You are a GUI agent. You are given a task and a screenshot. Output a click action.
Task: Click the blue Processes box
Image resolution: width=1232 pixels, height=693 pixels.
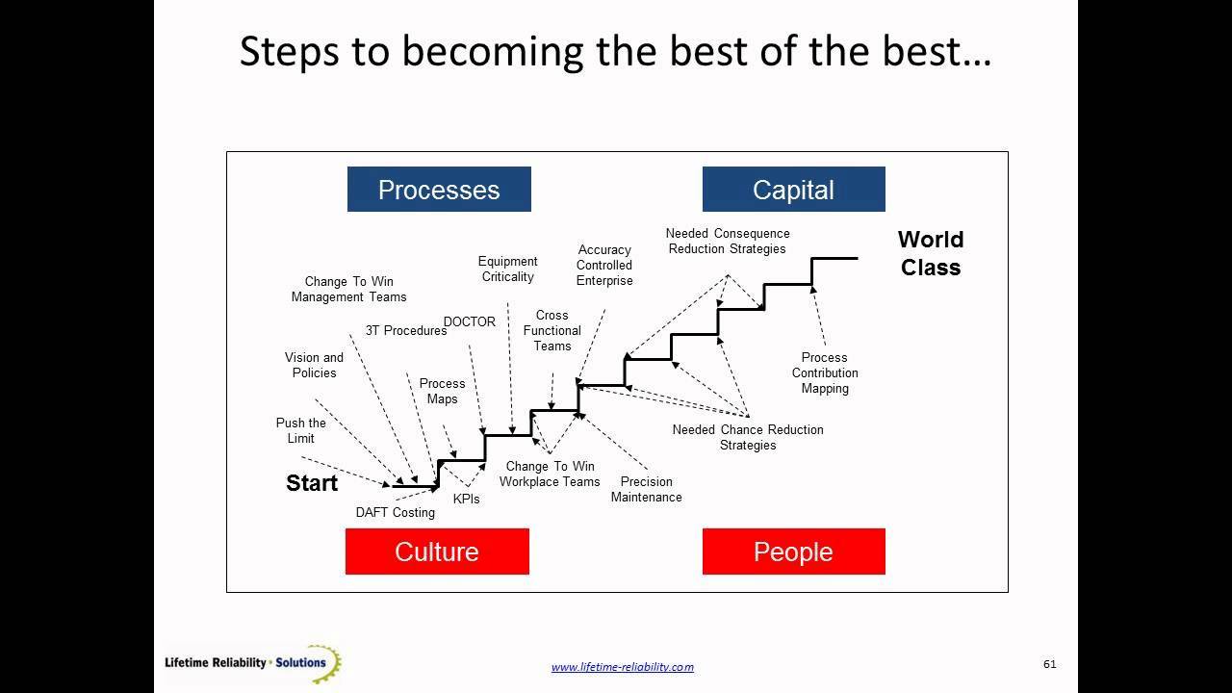(439, 190)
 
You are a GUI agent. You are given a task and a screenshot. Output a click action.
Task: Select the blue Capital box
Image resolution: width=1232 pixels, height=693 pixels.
(793, 190)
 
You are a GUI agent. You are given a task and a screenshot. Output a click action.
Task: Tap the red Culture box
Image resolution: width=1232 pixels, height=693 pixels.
(437, 552)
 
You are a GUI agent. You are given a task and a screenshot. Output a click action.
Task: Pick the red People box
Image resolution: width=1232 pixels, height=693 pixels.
(793, 552)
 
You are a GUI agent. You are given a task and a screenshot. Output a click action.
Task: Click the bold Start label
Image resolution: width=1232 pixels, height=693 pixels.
(312, 483)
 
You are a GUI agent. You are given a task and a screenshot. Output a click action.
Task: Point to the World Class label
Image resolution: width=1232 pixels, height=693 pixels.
(931, 253)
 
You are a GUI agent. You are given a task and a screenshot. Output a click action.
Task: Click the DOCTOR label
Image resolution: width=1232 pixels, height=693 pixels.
(470, 321)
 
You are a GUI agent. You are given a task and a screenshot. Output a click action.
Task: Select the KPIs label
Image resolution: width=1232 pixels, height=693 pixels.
(467, 500)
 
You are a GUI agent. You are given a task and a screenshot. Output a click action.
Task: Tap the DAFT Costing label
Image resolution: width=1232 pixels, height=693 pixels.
(396, 512)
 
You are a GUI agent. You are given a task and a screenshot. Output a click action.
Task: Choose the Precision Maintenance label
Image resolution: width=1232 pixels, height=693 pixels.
(647, 489)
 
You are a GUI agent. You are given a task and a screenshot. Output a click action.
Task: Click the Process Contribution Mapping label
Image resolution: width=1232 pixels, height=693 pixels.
(825, 372)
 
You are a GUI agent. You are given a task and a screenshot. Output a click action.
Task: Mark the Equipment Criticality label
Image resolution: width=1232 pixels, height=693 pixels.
(507, 269)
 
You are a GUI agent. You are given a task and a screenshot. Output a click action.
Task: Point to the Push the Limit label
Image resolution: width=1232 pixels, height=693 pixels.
(301, 430)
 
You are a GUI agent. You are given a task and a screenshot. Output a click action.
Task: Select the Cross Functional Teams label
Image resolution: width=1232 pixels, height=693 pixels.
(552, 330)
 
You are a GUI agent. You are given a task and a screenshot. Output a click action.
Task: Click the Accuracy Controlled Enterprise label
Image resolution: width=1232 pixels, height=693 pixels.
(604, 265)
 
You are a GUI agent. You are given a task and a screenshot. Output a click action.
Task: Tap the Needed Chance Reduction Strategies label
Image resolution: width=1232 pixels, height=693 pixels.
(748, 437)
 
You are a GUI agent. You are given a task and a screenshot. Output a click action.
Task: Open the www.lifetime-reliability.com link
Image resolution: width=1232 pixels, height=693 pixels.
(622, 666)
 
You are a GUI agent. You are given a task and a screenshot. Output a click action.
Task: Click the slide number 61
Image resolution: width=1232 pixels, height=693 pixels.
(1049, 664)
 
